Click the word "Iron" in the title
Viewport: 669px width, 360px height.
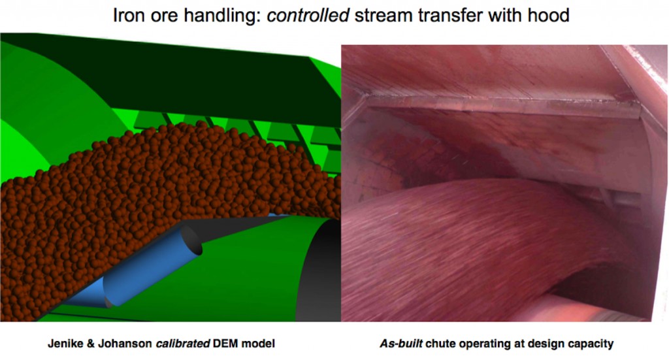[x=127, y=16]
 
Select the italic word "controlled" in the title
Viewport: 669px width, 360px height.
[x=308, y=16]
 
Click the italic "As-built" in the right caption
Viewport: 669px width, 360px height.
[x=401, y=344]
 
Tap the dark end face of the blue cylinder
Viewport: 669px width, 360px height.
[x=191, y=242]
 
